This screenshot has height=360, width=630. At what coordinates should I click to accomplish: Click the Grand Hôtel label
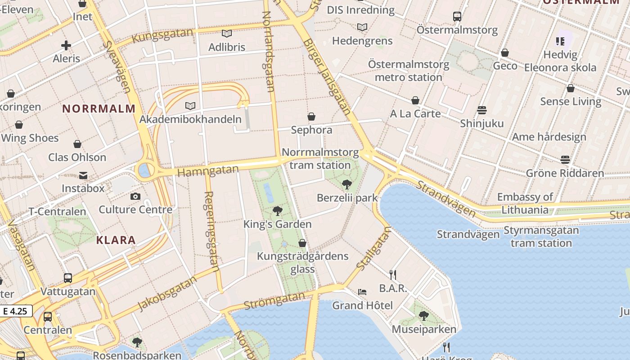[362, 306]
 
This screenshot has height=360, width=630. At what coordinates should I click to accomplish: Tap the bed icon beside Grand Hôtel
[362, 292]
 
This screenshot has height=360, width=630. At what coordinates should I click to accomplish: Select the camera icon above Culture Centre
[135, 196]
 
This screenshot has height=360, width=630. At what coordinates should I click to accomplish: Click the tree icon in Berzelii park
[346, 184]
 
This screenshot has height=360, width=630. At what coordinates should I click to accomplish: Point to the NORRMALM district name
[99, 108]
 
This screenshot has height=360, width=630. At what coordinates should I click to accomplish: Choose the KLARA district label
[116, 240]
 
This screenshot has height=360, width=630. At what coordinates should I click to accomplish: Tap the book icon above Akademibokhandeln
[190, 106]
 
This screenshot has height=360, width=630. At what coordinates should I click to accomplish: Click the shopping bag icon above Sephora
[311, 117]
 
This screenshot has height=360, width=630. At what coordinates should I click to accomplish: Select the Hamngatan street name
[208, 171]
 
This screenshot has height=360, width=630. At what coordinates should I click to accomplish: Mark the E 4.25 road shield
[16, 311]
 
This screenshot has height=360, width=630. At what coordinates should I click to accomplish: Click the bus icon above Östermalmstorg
[457, 17]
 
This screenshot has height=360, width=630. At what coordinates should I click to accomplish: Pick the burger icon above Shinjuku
[481, 110]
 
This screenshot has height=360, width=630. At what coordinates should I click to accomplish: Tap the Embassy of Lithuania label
[525, 203]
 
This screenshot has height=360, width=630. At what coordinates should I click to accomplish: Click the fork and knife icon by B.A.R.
[393, 274]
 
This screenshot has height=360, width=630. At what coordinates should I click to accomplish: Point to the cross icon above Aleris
[66, 45]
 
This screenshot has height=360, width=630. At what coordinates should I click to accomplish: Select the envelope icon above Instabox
[83, 175]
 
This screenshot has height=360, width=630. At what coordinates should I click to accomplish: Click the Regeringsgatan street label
[211, 232]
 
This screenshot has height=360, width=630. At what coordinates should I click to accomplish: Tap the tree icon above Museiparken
[423, 315]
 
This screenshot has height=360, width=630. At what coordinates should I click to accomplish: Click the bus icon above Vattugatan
[68, 278]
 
